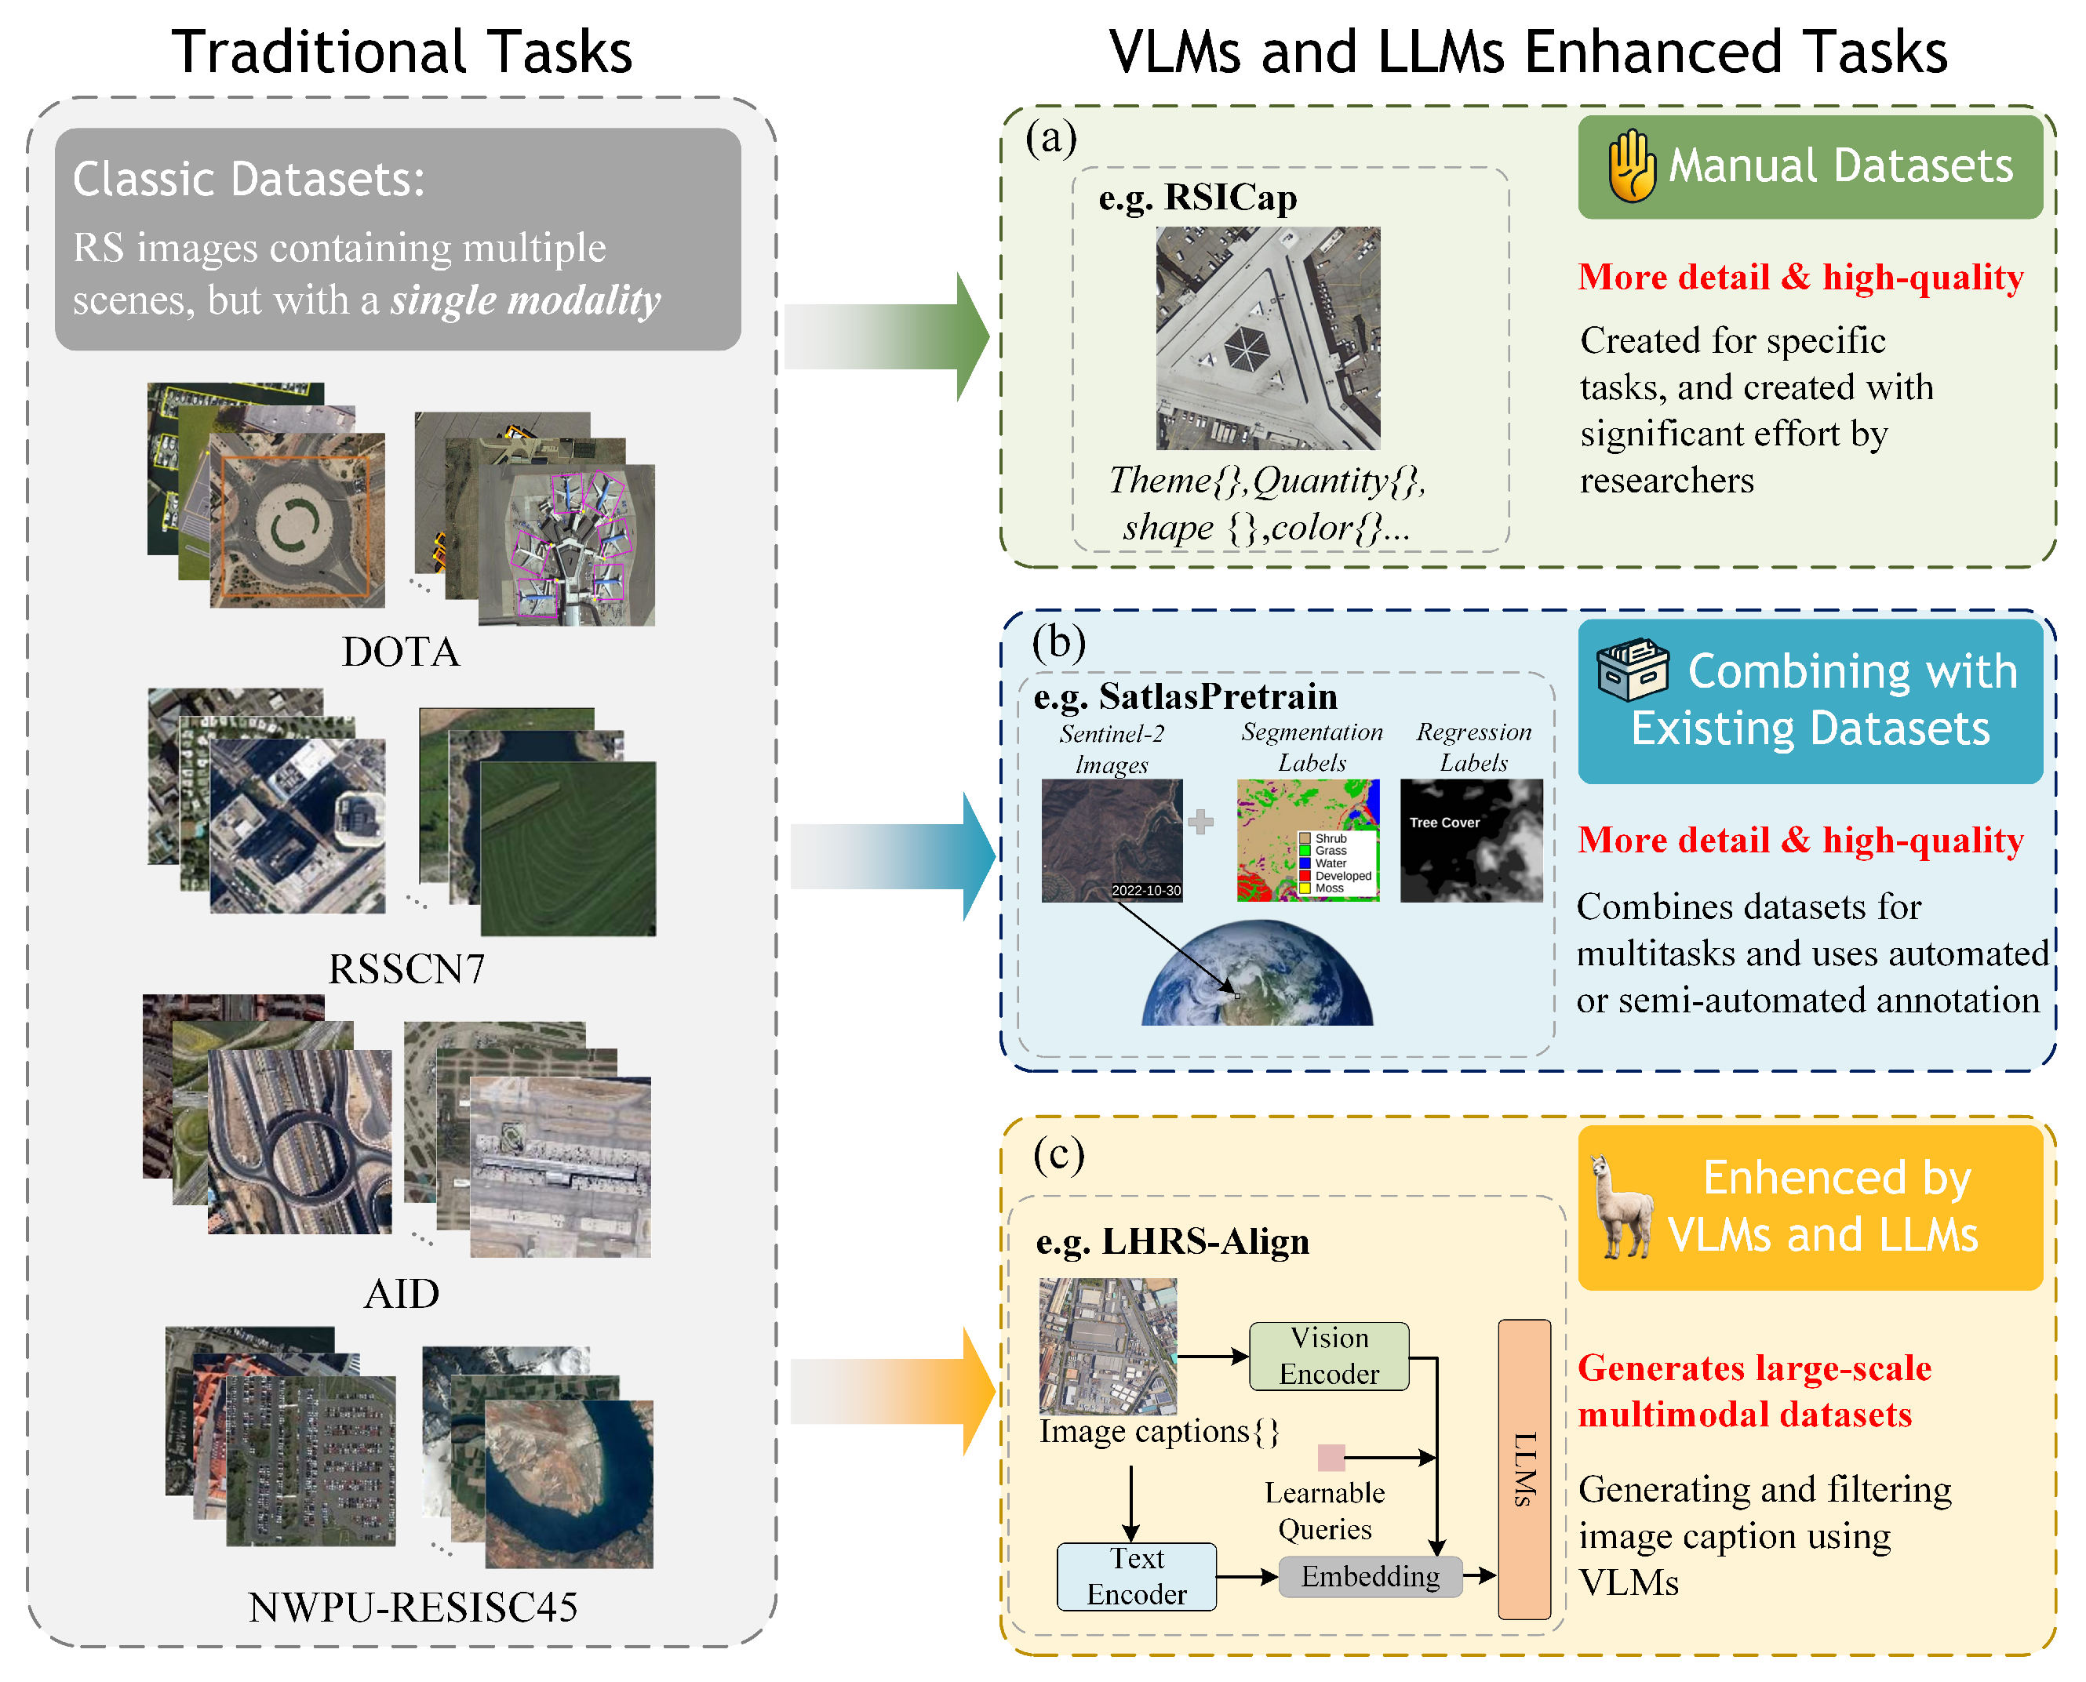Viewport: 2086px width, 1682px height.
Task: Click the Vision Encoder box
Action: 1328,1356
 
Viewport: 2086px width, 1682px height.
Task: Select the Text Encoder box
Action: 1136,1576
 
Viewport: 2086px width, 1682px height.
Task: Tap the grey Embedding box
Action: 1369,1576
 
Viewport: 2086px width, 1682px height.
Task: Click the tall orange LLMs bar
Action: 1524,1469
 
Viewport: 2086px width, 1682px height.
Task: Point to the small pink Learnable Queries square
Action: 1331,1457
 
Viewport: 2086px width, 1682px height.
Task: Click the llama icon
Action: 1622,1208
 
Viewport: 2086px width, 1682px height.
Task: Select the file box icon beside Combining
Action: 1633,670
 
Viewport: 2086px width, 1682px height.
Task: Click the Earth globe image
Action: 1258,975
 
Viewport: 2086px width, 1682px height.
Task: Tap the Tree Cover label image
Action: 1470,840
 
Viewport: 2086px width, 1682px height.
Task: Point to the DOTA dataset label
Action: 400,652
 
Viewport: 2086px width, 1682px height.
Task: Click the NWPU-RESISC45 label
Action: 413,1608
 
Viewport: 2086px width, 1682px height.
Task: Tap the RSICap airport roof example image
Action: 1268,337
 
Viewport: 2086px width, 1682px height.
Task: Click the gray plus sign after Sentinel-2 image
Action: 1201,822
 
